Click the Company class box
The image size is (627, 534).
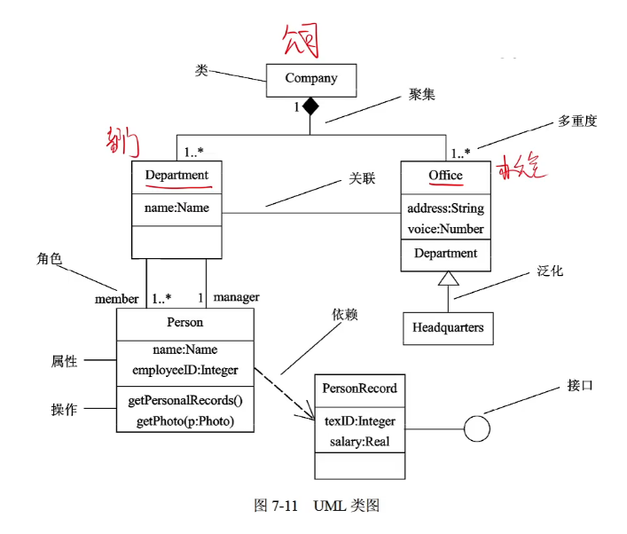tap(311, 79)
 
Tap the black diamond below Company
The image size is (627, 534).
tap(310, 106)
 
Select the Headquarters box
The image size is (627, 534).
tap(448, 327)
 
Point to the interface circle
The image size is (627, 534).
tap(477, 429)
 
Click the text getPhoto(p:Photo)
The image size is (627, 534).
tap(185, 421)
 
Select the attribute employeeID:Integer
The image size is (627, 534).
tap(185, 370)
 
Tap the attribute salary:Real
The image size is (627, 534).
tap(359, 441)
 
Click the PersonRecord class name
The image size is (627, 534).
tap(359, 389)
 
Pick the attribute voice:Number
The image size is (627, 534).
tap(445, 229)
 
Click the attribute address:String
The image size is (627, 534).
tap(445, 208)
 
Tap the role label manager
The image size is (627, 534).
tap(236, 298)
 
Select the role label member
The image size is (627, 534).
tap(116, 299)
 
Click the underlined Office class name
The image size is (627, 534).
tap(445, 176)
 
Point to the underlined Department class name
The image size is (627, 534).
tap(176, 175)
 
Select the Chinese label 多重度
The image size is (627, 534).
tap(577, 121)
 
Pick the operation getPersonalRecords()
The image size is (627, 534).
tap(185, 401)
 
